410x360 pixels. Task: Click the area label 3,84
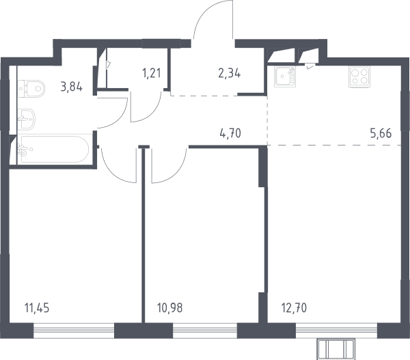(x=71, y=87)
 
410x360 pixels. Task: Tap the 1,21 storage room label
(x=152, y=73)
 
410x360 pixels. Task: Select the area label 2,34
(x=230, y=73)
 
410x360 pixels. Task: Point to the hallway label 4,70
(x=230, y=133)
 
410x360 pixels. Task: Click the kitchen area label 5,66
(x=381, y=133)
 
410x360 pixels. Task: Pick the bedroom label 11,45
(x=37, y=308)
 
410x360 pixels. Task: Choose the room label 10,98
(x=170, y=308)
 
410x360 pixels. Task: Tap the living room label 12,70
(x=294, y=308)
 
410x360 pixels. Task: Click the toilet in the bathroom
(x=31, y=89)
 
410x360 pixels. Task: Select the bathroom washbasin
(x=26, y=119)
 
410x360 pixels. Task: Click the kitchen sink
(x=285, y=76)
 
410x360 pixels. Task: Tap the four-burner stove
(x=359, y=77)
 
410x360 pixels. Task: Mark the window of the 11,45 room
(x=74, y=331)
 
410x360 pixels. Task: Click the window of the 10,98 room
(x=205, y=331)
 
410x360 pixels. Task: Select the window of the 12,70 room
(x=336, y=331)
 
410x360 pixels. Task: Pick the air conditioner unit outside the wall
(x=336, y=349)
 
